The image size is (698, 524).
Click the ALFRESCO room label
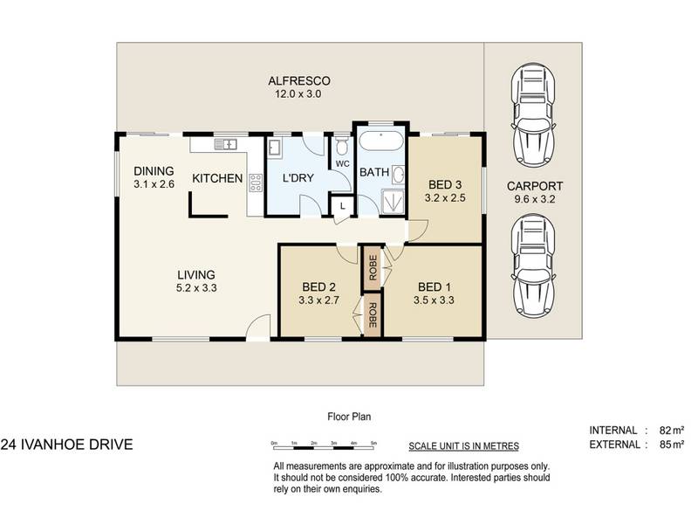299,81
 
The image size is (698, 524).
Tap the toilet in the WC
342,145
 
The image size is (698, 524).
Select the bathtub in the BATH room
381,141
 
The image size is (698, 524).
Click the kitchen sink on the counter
226,144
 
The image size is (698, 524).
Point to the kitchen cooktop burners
256,183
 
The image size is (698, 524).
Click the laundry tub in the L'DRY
274,148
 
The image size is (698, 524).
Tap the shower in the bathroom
393,203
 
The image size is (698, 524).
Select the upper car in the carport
533,115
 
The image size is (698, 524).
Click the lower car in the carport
533,266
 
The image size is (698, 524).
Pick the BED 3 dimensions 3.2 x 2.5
445,198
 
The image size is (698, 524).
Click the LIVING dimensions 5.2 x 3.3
196,288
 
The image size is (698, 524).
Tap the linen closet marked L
342,206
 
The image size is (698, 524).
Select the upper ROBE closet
373,268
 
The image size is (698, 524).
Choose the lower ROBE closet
373,315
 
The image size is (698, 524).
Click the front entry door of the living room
258,328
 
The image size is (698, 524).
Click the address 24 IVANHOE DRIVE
67,445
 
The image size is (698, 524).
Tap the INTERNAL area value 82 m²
671,431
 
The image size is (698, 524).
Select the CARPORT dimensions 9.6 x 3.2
535,199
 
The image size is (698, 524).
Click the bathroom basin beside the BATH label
399,175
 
